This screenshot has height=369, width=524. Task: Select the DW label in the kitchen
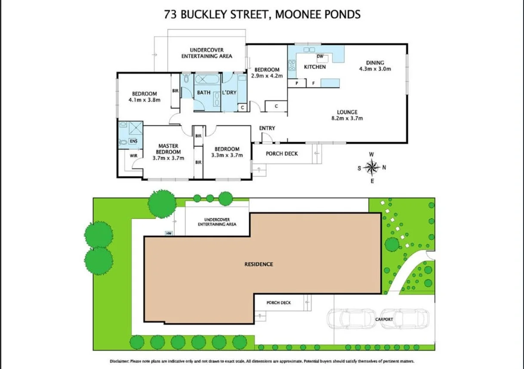320,56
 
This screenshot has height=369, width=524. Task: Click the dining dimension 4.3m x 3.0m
375,68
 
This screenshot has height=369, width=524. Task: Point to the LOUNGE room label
347,112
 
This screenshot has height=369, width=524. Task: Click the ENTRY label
267,128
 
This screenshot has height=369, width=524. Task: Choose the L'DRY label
229,93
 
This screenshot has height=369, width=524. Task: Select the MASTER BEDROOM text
168,149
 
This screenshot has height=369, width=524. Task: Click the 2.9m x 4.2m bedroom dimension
267,76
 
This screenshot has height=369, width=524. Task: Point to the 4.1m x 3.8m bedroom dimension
144,100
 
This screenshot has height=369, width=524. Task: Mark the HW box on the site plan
169,233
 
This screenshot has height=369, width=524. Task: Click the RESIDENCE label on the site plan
259,264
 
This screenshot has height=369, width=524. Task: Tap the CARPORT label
384,320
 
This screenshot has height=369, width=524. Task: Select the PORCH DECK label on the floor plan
282,154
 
